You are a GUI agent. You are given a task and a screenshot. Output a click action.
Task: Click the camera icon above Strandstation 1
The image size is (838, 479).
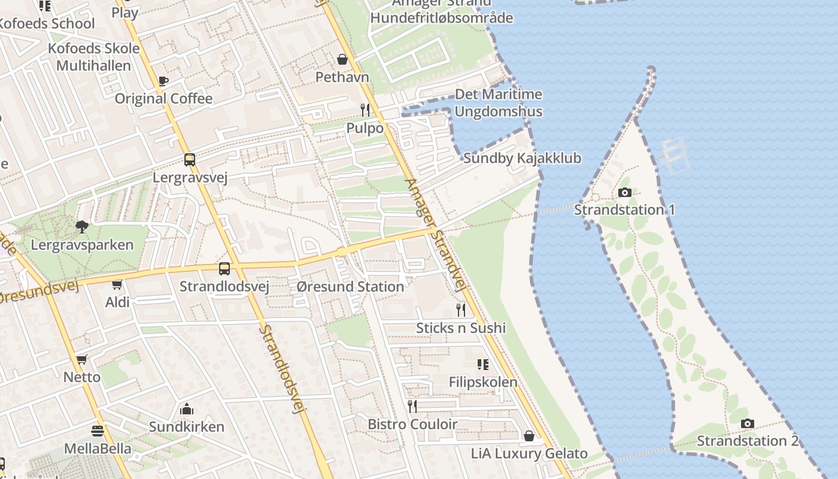[624, 192]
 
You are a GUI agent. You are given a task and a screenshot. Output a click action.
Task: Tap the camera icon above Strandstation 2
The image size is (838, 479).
[747, 423]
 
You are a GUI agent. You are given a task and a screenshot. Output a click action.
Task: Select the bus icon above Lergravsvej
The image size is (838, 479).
[189, 160]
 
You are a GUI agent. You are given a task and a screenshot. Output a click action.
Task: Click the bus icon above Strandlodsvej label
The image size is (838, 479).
[224, 269]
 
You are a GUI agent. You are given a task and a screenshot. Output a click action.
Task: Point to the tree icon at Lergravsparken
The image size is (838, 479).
[82, 227]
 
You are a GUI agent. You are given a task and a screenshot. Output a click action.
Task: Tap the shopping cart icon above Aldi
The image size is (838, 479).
[117, 284]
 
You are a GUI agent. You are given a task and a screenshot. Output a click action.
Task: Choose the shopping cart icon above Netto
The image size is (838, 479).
[82, 360]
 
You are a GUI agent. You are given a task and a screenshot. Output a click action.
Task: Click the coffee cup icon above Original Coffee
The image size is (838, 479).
[163, 81]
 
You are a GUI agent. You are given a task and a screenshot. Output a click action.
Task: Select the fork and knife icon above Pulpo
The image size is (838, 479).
[365, 110]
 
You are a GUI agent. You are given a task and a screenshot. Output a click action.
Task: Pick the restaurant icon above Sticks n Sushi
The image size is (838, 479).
[461, 310]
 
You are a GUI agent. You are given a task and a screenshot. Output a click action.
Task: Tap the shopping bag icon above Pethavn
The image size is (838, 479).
[342, 59]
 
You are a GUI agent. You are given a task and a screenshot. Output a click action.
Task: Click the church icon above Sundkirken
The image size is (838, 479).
[186, 409]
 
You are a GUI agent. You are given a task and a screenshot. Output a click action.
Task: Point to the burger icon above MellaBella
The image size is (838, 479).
[97, 431]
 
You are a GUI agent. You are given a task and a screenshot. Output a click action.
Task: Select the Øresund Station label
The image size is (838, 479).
[350, 287]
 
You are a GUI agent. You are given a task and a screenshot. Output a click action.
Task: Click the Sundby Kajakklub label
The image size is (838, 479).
[522, 159]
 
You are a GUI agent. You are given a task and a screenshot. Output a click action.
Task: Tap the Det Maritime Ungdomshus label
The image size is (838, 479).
[498, 102]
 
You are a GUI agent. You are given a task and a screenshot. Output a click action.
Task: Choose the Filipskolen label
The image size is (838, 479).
[483, 382]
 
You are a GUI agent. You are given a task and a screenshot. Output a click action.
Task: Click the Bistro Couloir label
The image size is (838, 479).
[412, 424]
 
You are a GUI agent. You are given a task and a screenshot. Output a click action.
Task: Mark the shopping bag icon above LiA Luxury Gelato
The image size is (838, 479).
[529, 435]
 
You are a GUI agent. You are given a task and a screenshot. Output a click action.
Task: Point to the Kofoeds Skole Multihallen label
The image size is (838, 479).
[93, 57]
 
